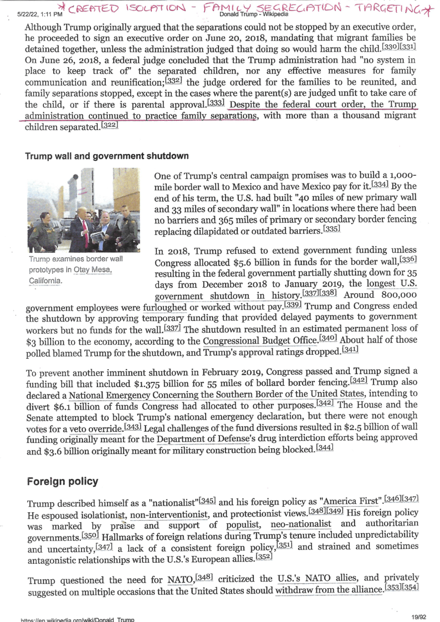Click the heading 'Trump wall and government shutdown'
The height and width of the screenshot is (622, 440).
click(107, 156)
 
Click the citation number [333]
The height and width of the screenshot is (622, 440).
click(216, 103)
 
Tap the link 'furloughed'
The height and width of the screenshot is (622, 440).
click(165, 307)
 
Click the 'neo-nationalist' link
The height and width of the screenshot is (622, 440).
click(301, 524)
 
